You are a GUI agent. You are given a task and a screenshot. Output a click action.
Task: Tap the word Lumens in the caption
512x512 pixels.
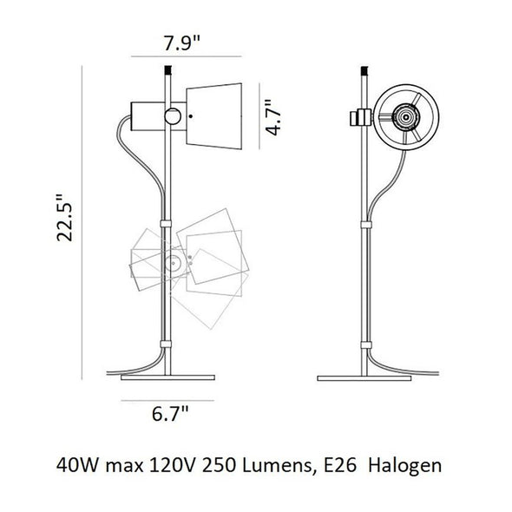tap(275, 466)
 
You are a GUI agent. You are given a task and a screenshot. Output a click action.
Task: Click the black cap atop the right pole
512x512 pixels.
tap(364, 69)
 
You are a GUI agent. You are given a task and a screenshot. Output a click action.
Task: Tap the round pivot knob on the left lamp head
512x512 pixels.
tap(173, 115)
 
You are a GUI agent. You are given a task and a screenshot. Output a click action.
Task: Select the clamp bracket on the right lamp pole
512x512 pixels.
tap(358, 116)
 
